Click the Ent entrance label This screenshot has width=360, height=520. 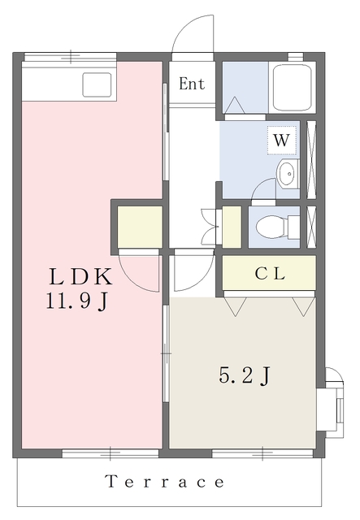(192, 84)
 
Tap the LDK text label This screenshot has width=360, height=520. (80, 277)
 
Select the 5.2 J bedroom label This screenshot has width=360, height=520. (245, 375)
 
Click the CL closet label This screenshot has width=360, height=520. (270, 274)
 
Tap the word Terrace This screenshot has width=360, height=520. (165, 482)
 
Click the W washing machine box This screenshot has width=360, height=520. (282, 141)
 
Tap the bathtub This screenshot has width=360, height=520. (292, 87)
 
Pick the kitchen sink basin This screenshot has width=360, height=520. (97, 84)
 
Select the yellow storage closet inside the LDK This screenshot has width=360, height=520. (140, 227)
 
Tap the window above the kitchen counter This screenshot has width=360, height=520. (71, 57)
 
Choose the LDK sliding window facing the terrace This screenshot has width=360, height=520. (111, 453)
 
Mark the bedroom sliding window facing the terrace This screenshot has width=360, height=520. (262, 453)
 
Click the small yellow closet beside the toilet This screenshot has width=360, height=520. (232, 227)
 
